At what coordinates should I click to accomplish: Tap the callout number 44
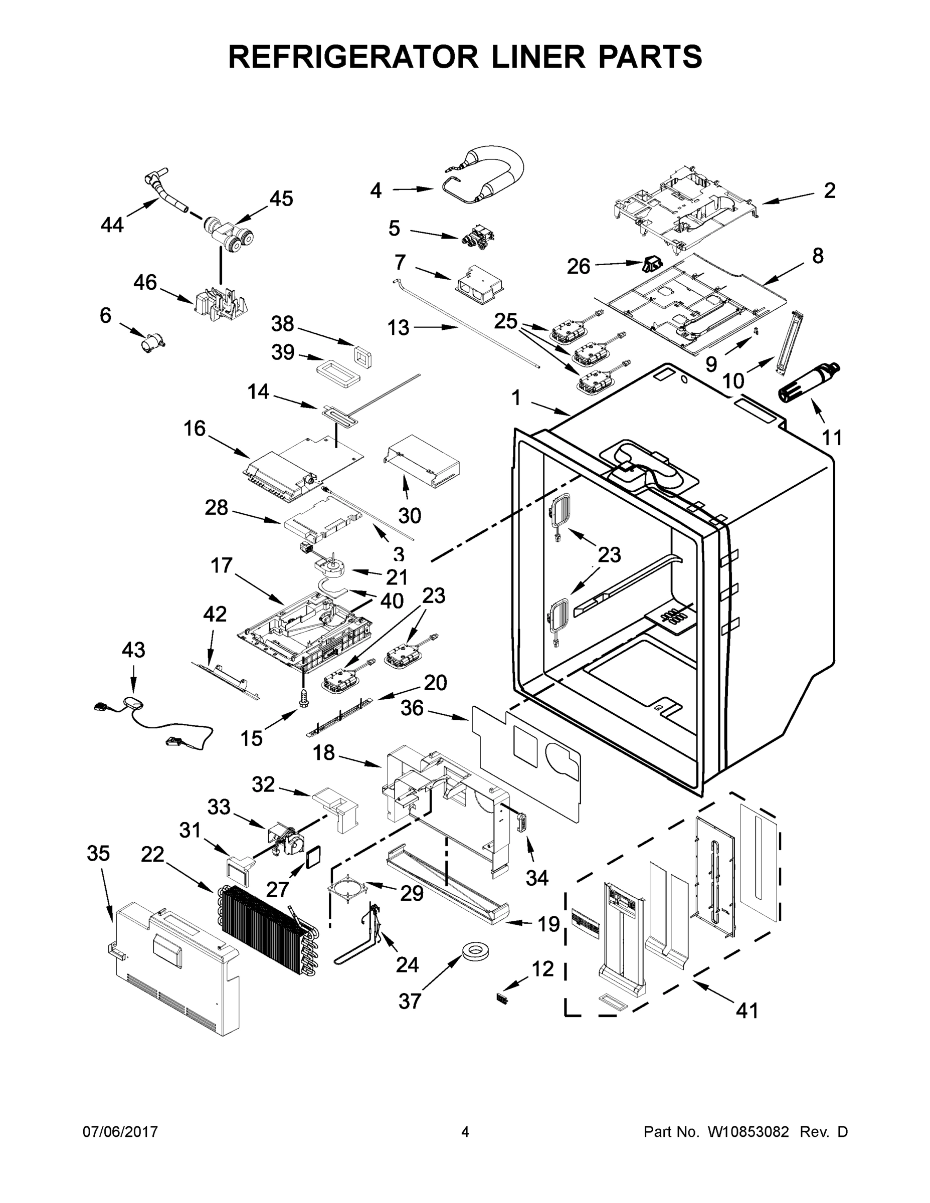click(112, 225)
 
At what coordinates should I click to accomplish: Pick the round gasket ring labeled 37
click(477, 948)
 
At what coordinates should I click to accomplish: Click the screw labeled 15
click(302, 698)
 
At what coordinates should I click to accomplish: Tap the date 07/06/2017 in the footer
click(120, 1132)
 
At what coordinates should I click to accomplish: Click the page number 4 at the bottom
click(465, 1132)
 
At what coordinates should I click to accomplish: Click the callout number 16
click(195, 429)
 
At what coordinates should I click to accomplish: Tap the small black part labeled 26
click(652, 264)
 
